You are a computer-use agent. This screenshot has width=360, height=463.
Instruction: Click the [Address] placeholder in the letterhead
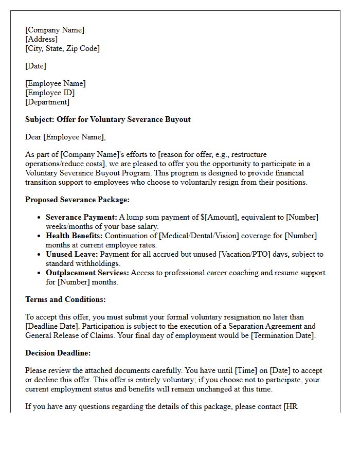(41, 39)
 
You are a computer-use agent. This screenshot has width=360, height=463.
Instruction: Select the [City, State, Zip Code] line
(62, 48)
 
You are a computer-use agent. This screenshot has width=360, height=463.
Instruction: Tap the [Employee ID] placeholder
(50, 93)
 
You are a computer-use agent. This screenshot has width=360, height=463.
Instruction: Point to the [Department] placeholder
(47, 102)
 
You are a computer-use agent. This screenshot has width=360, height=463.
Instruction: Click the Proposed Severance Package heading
(77, 200)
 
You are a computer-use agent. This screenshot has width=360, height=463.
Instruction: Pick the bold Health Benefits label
(74, 236)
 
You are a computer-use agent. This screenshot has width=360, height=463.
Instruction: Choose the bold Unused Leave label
(72, 254)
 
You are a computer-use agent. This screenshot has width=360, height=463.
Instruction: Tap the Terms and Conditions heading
(65, 299)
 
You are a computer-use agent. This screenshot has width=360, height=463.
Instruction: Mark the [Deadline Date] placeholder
(50, 326)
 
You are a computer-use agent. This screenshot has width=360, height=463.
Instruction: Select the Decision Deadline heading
(58, 353)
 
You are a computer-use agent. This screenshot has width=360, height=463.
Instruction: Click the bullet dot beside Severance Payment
(39, 218)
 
